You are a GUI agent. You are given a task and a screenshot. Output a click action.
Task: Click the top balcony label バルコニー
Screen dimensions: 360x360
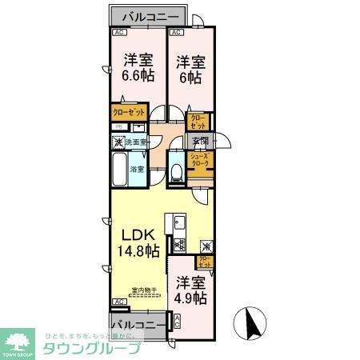[x=149, y=16]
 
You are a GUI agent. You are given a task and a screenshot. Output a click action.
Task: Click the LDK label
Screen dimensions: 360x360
[x=135, y=235]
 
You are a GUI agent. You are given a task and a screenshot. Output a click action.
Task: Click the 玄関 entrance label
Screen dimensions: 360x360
[x=200, y=142]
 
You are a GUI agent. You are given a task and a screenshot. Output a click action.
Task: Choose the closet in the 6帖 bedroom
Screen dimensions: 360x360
[x=197, y=122]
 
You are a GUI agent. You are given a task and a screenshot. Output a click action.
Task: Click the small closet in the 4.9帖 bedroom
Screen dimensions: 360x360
[x=205, y=260]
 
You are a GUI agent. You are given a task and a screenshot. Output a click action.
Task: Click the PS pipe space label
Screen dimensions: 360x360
[x=118, y=127]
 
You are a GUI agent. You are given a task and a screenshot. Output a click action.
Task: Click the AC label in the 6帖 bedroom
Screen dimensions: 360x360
[x=176, y=33]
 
